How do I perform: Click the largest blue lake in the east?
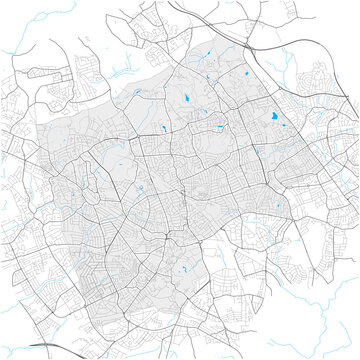pyautogui.click(x=272, y=121)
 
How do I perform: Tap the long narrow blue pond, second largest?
pyautogui.click(x=187, y=98)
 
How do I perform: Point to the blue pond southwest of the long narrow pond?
pyautogui.click(x=162, y=130)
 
